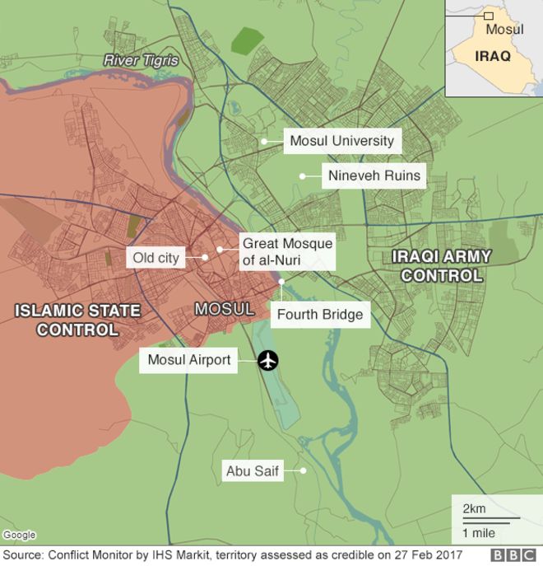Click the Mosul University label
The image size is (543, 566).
[341, 141]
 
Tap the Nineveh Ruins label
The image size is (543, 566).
[374, 175]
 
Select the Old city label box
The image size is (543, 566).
[155, 258]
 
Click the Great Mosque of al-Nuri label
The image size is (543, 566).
[286, 252]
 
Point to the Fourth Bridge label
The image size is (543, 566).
[319, 314]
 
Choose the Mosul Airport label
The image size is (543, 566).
[189, 360]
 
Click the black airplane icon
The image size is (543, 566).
[268, 360]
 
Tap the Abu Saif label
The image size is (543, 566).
[253, 472]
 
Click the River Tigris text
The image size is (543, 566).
[141, 60]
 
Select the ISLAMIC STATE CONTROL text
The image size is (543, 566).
[77, 320]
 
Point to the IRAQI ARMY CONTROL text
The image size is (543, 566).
[441, 265]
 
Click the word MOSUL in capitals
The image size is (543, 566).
[224, 309]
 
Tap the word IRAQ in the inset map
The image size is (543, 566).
[493, 56]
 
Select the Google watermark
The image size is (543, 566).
[18, 536]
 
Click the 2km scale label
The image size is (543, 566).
[474, 508]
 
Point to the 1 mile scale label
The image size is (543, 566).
[479, 532]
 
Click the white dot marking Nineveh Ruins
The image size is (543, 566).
[302, 175]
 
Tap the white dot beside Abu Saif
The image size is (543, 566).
[303, 471]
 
